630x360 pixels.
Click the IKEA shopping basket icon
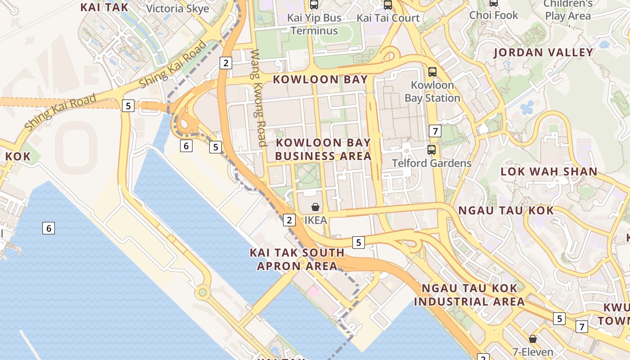point(315,207)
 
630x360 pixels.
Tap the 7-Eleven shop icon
point(533,338)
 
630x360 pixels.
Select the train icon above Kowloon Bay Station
point(432,72)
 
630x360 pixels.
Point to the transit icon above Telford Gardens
point(432,150)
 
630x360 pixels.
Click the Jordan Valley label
point(543,53)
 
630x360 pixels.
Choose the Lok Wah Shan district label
point(549,171)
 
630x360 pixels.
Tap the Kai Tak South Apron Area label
point(297,259)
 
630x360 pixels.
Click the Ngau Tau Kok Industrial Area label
point(469,295)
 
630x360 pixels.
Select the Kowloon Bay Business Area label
point(323,149)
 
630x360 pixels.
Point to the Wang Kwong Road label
point(259,98)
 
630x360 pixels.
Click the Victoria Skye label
point(178,8)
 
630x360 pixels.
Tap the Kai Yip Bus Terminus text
point(314,24)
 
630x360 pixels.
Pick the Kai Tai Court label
point(388,18)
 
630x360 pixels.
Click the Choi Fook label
point(494,15)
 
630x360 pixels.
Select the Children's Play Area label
point(568,10)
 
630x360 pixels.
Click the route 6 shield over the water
point(49,228)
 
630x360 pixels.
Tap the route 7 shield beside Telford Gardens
point(435,131)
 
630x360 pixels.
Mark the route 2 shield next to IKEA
point(289,220)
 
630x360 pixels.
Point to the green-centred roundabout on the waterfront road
point(203,293)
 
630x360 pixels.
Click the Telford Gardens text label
point(432,163)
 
